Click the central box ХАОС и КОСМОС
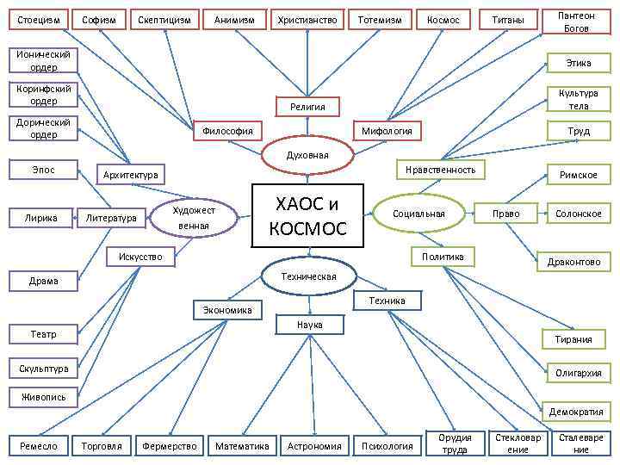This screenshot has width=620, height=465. pyautogui.click(x=309, y=216)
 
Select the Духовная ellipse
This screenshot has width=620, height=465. pyautogui.click(x=307, y=155)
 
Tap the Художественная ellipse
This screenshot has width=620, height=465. pyautogui.click(x=193, y=217)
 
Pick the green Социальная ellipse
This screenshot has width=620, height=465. pyautogui.click(x=418, y=214)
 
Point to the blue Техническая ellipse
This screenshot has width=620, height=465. pyautogui.click(x=308, y=276)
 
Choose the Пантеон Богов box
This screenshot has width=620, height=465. pyautogui.click(x=577, y=22)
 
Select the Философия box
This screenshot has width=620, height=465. pyautogui.click(x=227, y=131)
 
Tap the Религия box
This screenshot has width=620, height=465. pyautogui.click(x=307, y=107)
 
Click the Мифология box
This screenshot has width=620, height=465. pyautogui.click(x=387, y=131)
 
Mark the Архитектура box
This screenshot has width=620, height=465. pyautogui.click(x=130, y=175)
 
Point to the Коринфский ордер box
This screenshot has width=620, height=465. pyautogui.click(x=43, y=94)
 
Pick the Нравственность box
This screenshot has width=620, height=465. pyautogui.click(x=440, y=170)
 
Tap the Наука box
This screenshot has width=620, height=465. pyautogui.click(x=309, y=325)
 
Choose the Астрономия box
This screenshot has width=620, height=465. pyautogui.click(x=314, y=445)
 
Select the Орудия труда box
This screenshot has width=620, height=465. pyautogui.click(x=455, y=443)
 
